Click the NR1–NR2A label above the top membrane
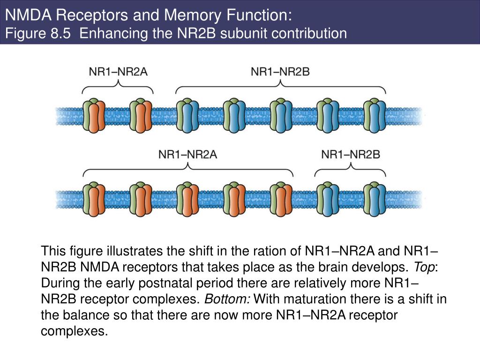coord(118,72)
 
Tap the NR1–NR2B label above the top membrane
coord(280,72)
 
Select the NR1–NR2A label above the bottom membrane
coord(187,154)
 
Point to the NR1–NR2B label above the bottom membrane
coord(351,154)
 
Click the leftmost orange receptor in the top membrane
coord(94,115)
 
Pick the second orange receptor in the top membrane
coord(141,115)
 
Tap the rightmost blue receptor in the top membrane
coord(375,115)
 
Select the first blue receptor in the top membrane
coord(187,115)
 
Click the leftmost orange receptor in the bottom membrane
coord(94,199)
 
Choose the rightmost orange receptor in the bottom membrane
coord(281,199)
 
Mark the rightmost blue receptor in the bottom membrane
coord(375,199)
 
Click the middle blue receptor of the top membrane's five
coord(281,115)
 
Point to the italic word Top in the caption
coord(424,268)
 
